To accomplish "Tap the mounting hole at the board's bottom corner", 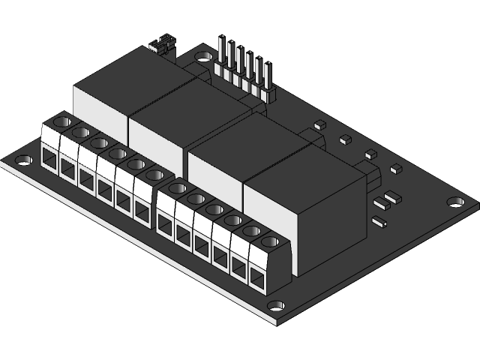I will click(276, 306).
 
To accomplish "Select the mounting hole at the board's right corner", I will click(454, 202).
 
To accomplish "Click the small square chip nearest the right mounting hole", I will click(394, 169).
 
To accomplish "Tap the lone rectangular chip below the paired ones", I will click(379, 222).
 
